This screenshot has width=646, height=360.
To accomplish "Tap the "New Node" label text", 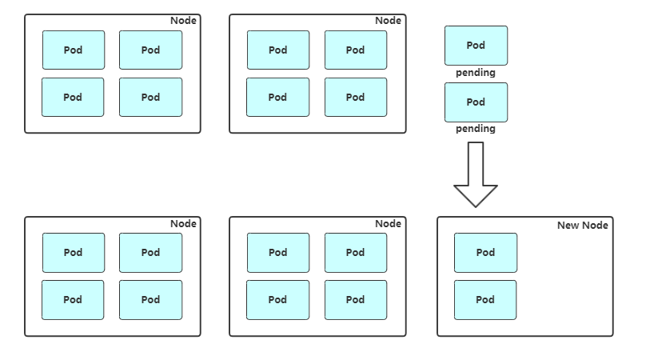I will (x=582, y=226).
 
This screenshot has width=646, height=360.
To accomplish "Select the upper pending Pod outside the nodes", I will (x=476, y=46).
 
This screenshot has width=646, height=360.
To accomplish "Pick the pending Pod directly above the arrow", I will (x=476, y=102).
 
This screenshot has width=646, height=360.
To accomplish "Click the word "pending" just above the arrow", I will (x=476, y=129).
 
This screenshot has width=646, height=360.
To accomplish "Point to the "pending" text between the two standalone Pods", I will (x=476, y=73).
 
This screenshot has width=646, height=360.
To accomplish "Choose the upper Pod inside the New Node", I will (x=485, y=252).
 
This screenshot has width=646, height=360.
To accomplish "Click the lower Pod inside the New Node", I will (x=485, y=300).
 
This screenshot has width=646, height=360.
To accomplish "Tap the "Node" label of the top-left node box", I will (x=183, y=21).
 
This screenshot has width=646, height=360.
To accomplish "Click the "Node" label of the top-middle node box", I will (x=388, y=21).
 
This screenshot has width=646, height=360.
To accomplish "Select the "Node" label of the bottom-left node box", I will (x=183, y=224).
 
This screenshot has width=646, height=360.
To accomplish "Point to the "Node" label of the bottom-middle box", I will (x=388, y=224).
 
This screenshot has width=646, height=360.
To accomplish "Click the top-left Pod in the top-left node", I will (x=73, y=50).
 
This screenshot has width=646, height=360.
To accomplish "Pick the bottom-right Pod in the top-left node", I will (x=150, y=98).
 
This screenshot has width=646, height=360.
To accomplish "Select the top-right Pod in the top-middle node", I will (x=355, y=50).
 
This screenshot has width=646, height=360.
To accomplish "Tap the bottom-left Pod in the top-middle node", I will (x=277, y=98).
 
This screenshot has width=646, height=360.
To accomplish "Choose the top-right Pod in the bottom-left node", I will (x=150, y=252).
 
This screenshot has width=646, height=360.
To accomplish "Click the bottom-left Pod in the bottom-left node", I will (x=73, y=300).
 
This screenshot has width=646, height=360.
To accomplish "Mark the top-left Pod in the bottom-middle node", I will (x=277, y=252).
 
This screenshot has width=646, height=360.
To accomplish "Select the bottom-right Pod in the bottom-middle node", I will (x=355, y=300).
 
